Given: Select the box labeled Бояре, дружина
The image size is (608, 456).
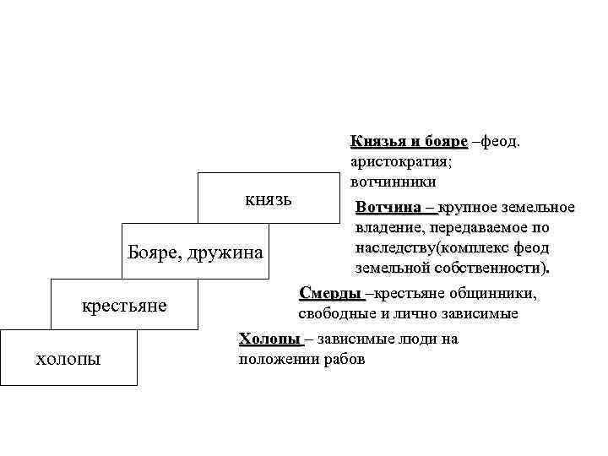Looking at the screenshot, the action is pyautogui.click(x=195, y=251).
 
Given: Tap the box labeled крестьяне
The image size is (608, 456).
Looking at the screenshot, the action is pyautogui.click(x=124, y=303).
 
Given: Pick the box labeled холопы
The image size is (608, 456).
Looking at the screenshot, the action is pyautogui.click(x=68, y=357).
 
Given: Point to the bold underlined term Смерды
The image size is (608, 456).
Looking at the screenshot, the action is pyautogui.click(x=330, y=293).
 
